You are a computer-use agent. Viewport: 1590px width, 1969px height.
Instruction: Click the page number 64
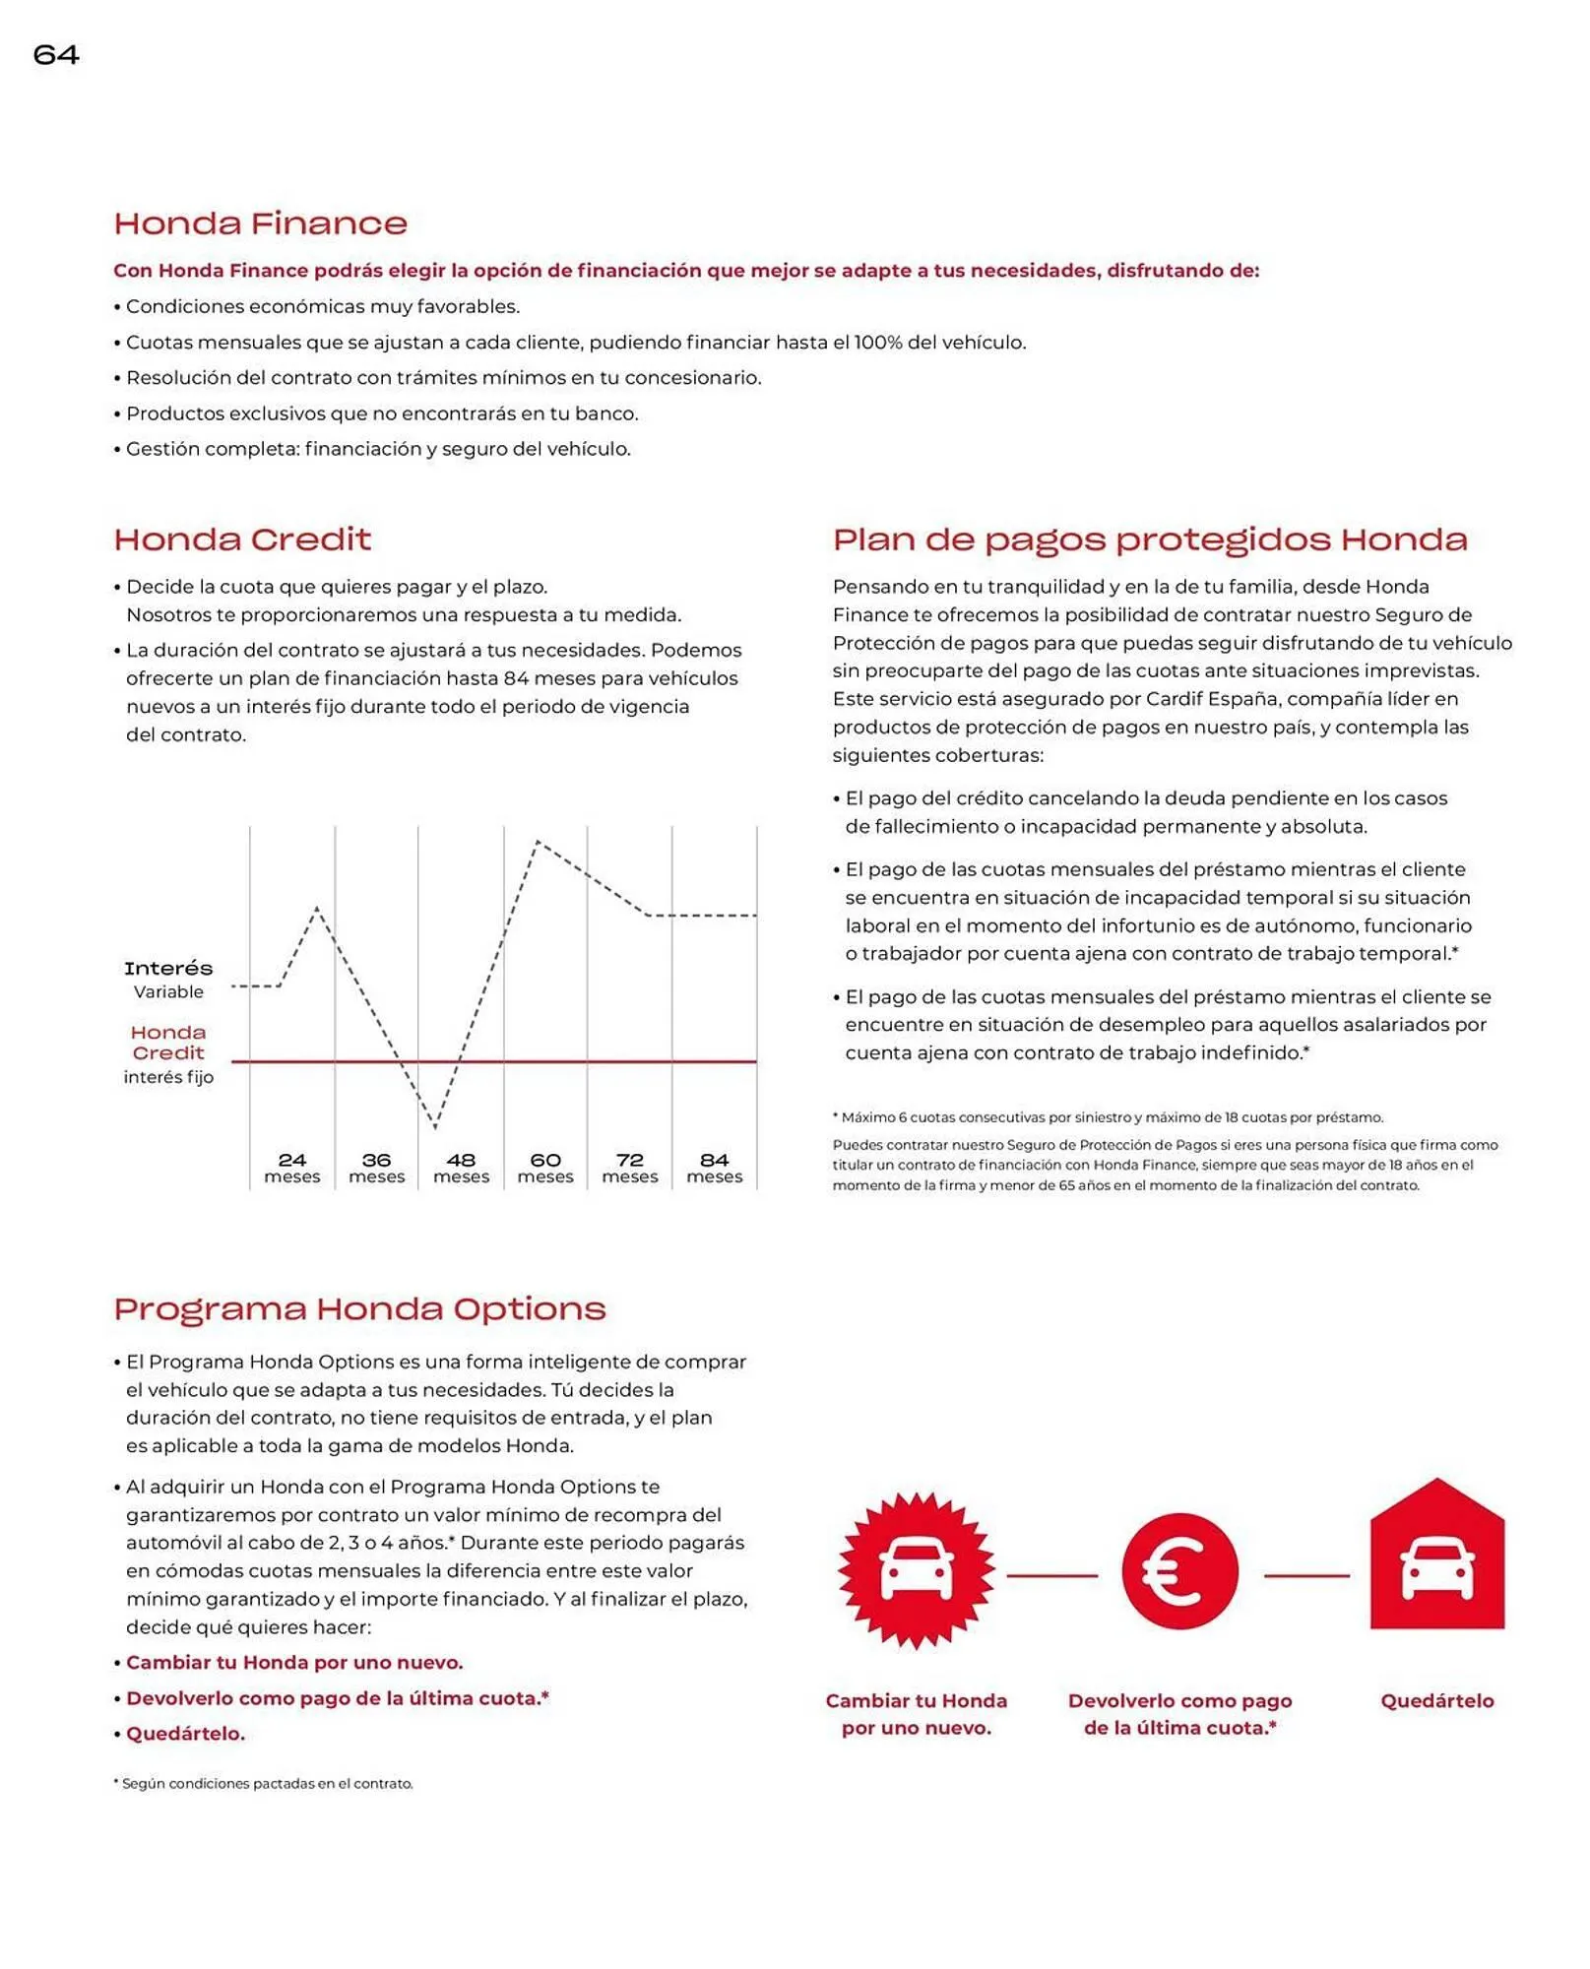pos(56,55)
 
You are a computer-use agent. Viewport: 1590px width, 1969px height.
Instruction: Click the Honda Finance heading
pos(260,223)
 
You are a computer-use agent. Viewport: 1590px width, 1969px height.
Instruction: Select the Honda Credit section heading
pos(242,540)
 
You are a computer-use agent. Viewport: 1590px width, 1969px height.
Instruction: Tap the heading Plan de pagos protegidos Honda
pos(1149,540)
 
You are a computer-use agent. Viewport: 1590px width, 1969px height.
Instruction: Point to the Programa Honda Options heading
pos(359,1308)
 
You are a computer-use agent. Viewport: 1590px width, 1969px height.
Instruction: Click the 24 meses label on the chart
pos(292,1168)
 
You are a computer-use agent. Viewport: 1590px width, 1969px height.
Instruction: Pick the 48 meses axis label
pos(461,1168)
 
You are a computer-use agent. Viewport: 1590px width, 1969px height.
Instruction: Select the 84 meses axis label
pos(714,1168)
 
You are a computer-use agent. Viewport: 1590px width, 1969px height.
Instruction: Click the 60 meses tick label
pos(545,1168)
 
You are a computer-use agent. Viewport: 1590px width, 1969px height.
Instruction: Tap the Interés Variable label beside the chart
pos(168,979)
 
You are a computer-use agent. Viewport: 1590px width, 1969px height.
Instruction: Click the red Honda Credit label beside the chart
pos(168,1042)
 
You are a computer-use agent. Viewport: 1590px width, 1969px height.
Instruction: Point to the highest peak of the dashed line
pos(538,842)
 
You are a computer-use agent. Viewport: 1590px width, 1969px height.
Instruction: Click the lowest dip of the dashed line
pos(435,1125)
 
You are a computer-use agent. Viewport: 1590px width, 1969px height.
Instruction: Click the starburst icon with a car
pos(916,1570)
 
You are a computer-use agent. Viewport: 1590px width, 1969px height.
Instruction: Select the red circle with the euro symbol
pos(1178,1571)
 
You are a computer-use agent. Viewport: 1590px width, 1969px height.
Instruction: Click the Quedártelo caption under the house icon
pos(1436,1700)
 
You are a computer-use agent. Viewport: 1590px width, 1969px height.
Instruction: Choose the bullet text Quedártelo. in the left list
pos(185,1734)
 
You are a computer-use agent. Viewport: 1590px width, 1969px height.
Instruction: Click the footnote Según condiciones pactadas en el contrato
pos(266,1783)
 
